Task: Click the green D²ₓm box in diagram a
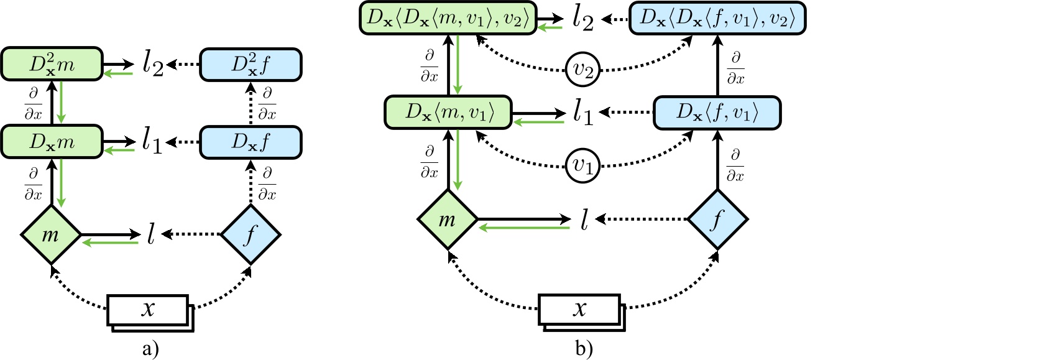tap(52, 63)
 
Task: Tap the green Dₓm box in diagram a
tap(52, 142)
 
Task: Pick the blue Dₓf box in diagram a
tap(251, 142)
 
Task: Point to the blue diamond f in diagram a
tap(251, 235)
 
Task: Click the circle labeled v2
tap(582, 70)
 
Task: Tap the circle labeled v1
tap(582, 165)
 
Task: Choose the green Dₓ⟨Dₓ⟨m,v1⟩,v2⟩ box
tap(448, 18)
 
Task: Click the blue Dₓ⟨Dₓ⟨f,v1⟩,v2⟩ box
tap(717, 18)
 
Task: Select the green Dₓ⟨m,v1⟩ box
tap(448, 113)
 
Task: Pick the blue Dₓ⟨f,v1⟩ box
tap(717, 113)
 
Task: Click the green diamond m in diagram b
tap(448, 219)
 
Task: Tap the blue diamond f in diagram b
tap(717, 219)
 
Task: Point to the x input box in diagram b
tap(579, 309)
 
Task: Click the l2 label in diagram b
tap(582, 19)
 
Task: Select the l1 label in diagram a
tap(152, 142)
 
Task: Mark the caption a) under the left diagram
tap(150, 349)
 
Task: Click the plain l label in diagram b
tap(584, 219)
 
